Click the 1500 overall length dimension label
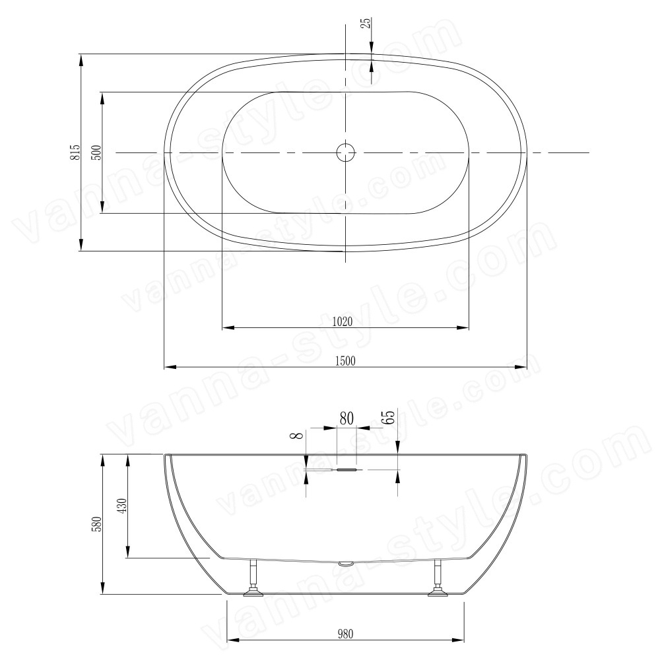[x=345, y=361]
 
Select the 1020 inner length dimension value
[x=342, y=321]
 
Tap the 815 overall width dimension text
[x=75, y=152]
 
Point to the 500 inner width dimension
[x=96, y=152]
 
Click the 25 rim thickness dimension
[x=366, y=22]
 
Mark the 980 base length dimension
[x=345, y=634]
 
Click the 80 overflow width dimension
[x=346, y=418]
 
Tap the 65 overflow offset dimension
[x=390, y=416]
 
